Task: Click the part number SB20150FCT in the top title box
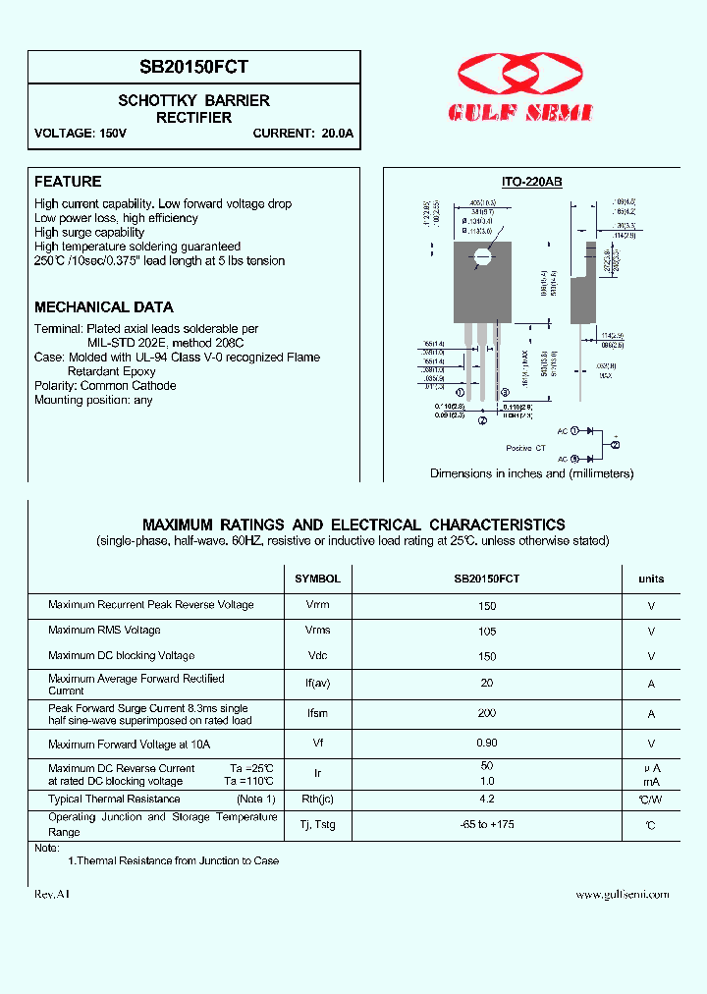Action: point(194,67)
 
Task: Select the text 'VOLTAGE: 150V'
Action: point(81,134)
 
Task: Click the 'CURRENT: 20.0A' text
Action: point(302,134)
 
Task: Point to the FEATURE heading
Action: point(68,182)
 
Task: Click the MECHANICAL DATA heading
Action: point(103,307)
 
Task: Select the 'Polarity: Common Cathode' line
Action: point(105,386)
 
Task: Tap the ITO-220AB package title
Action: point(531,183)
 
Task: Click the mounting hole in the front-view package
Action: point(481,258)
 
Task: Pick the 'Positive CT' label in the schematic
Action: point(525,448)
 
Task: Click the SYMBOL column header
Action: point(317,580)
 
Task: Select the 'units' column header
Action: point(651,580)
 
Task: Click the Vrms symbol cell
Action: point(317,631)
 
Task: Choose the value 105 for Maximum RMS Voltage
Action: point(487,631)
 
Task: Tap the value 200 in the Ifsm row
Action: point(487,713)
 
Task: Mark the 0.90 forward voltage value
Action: point(487,745)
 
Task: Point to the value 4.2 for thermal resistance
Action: point(487,800)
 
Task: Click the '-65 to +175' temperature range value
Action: point(487,824)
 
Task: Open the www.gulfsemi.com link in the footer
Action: point(622,895)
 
